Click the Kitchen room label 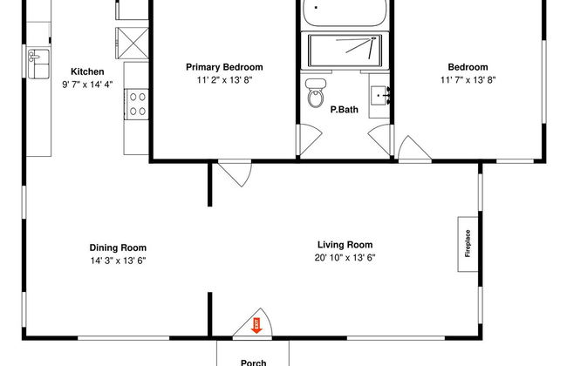coord(87,71)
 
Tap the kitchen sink coord(38,64)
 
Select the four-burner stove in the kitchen coord(137,104)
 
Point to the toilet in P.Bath coord(316,93)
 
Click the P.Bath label coord(345,110)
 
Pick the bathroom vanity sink coord(380,95)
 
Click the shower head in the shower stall coord(373,38)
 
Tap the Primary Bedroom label coord(224,67)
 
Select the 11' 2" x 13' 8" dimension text coord(224,80)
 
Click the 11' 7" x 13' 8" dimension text coord(468,80)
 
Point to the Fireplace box coord(468,244)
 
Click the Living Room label coord(345,245)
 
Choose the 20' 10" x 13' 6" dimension coord(345,258)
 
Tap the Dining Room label coord(118,247)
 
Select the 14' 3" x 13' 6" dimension coord(118,261)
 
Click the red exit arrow coord(256,326)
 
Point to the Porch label coord(254,363)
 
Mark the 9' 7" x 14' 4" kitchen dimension coord(87,85)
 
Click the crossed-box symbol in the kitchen coord(132,43)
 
